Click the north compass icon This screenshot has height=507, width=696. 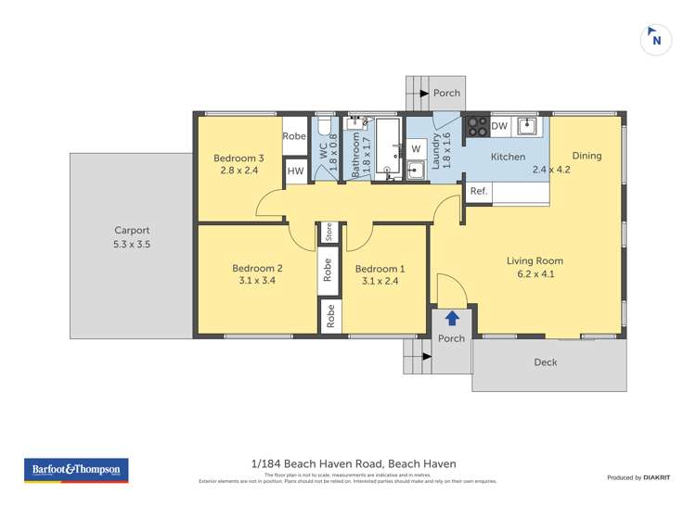click(x=656, y=39)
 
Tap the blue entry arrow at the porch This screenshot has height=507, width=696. click(x=452, y=318)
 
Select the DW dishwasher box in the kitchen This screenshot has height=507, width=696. click(x=499, y=126)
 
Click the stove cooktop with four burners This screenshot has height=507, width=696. click(x=477, y=126)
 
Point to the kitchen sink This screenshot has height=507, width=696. click(x=527, y=125)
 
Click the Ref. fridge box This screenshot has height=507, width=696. click(x=479, y=191)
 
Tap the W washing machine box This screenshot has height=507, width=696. click(x=416, y=148)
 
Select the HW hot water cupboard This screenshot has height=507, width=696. click(x=295, y=171)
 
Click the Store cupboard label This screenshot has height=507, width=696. click(x=329, y=232)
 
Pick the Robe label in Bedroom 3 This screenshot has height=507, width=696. click(x=294, y=136)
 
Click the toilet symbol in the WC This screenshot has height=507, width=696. click(x=323, y=126)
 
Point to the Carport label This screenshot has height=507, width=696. click(x=132, y=231)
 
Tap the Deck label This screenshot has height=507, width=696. click(x=546, y=362)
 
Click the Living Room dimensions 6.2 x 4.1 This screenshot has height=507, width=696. click(x=535, y=274)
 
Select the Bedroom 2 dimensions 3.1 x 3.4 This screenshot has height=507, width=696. click(x=257, y=282)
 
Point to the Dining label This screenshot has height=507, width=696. click(x=586, y=156)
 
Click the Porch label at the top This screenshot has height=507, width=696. click(x=447, y=93)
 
